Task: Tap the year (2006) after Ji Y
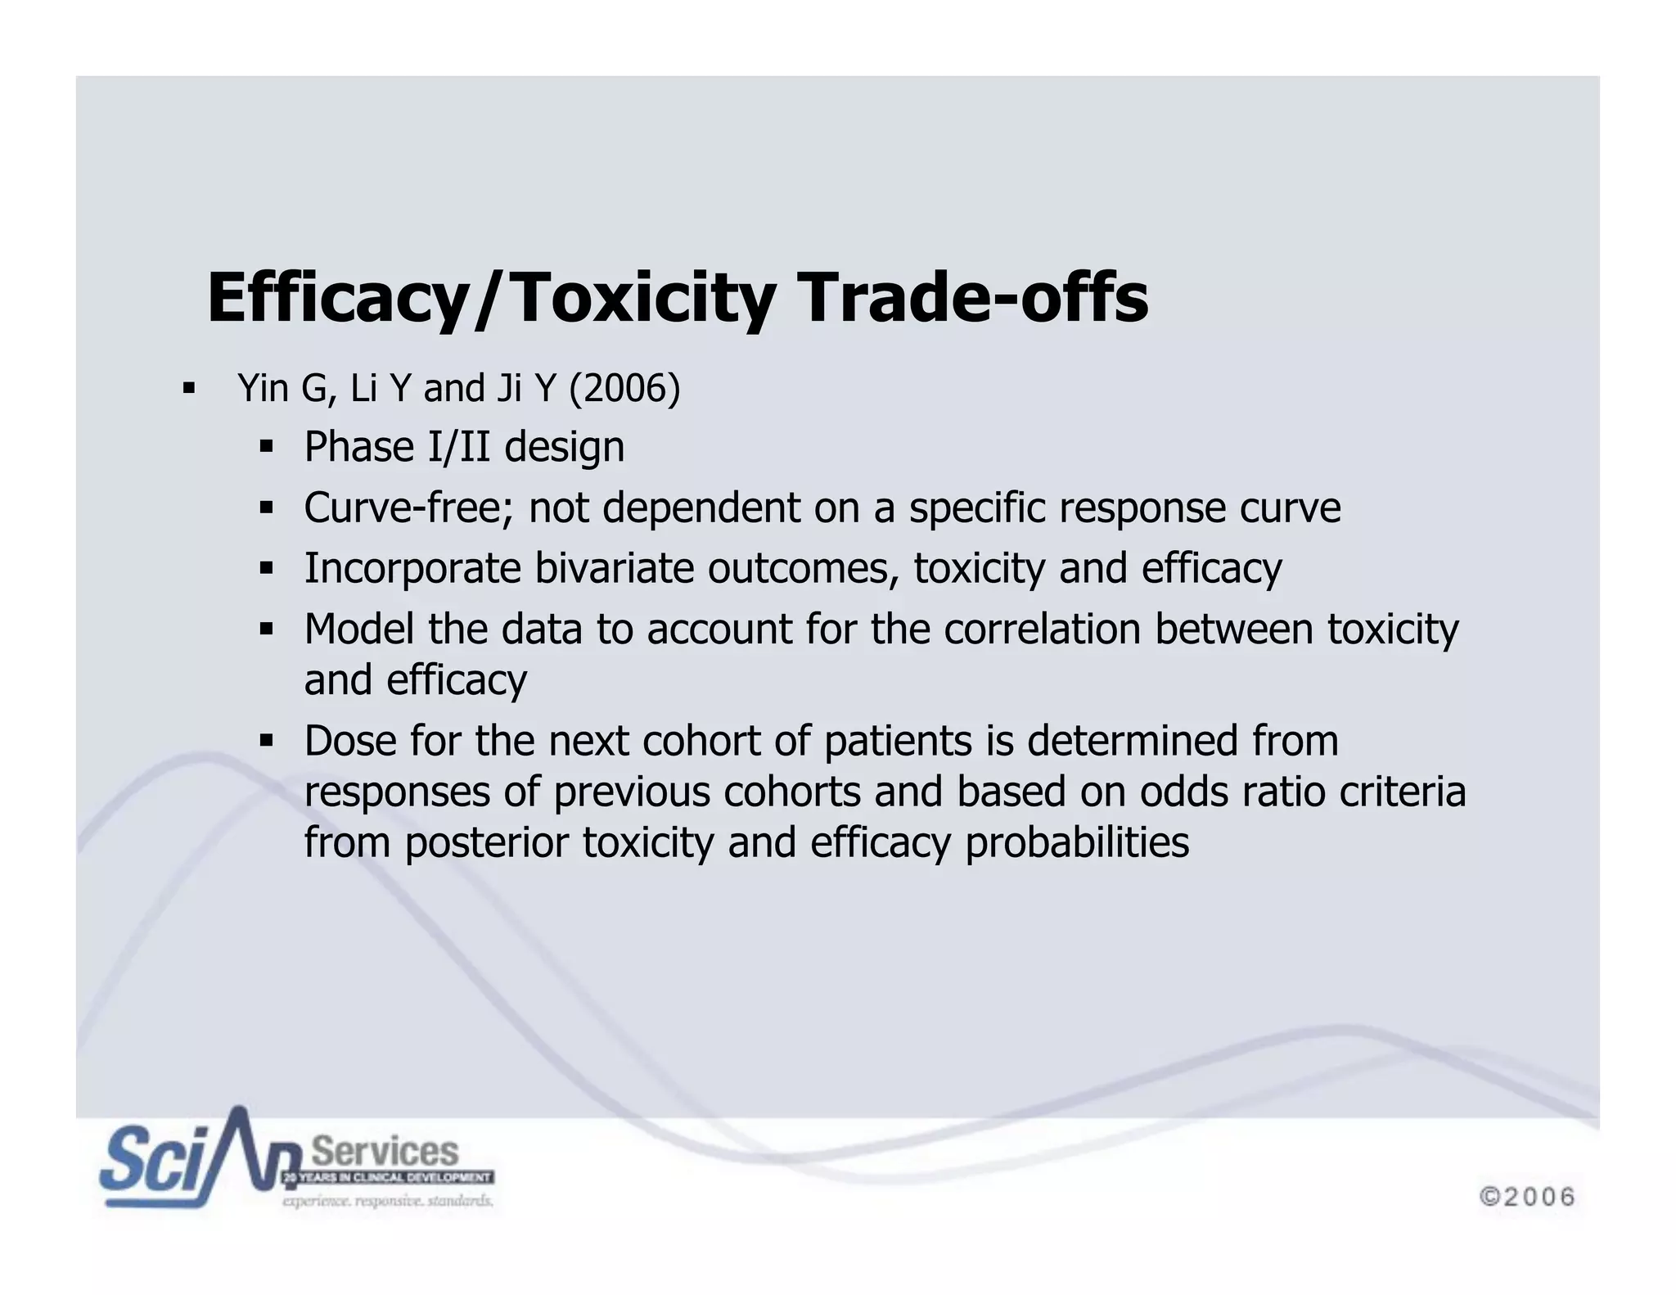[624, 388]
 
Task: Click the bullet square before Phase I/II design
[266, 447]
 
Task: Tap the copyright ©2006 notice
[1527, 1197]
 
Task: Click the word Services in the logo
[385, 1152]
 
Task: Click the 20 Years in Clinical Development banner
[388, 1178]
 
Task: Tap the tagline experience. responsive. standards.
[388, 1202]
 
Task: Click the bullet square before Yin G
[190, 388]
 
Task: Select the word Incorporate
[412, 568]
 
